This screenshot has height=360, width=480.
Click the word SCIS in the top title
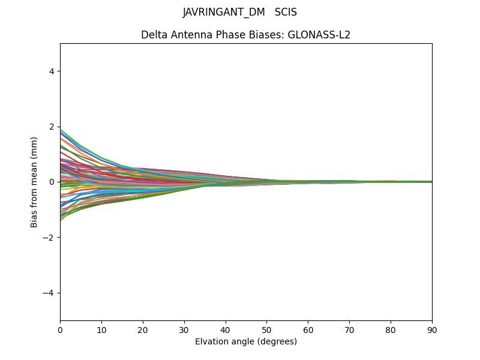coord(286,13)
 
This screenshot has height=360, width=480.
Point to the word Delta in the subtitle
coord(153,35)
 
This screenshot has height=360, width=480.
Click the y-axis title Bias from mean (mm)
coord(35,182)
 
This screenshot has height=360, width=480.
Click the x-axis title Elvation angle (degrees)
coord(246,342)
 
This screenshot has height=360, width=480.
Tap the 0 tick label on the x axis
coord(60,330)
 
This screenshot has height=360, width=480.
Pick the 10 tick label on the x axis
coord(101,330)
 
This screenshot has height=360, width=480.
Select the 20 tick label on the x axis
coord(143,330)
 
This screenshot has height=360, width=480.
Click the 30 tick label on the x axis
coord(184,330)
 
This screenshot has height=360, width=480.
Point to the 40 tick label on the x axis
coord(226,330)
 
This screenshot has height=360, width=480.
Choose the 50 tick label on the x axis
coord(266,330)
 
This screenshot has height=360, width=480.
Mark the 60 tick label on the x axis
coord(308,330)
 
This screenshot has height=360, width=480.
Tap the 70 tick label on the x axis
coord(349,330)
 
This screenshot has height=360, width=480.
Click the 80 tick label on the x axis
coord(391,330)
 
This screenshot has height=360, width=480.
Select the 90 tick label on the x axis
coord(432,330)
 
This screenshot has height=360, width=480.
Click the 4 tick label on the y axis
coord(52,71)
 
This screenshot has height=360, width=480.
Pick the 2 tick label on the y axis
coord(52,127)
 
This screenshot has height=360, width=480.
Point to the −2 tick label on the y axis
coord(50,238)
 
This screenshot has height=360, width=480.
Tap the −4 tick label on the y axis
coord(50,293)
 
